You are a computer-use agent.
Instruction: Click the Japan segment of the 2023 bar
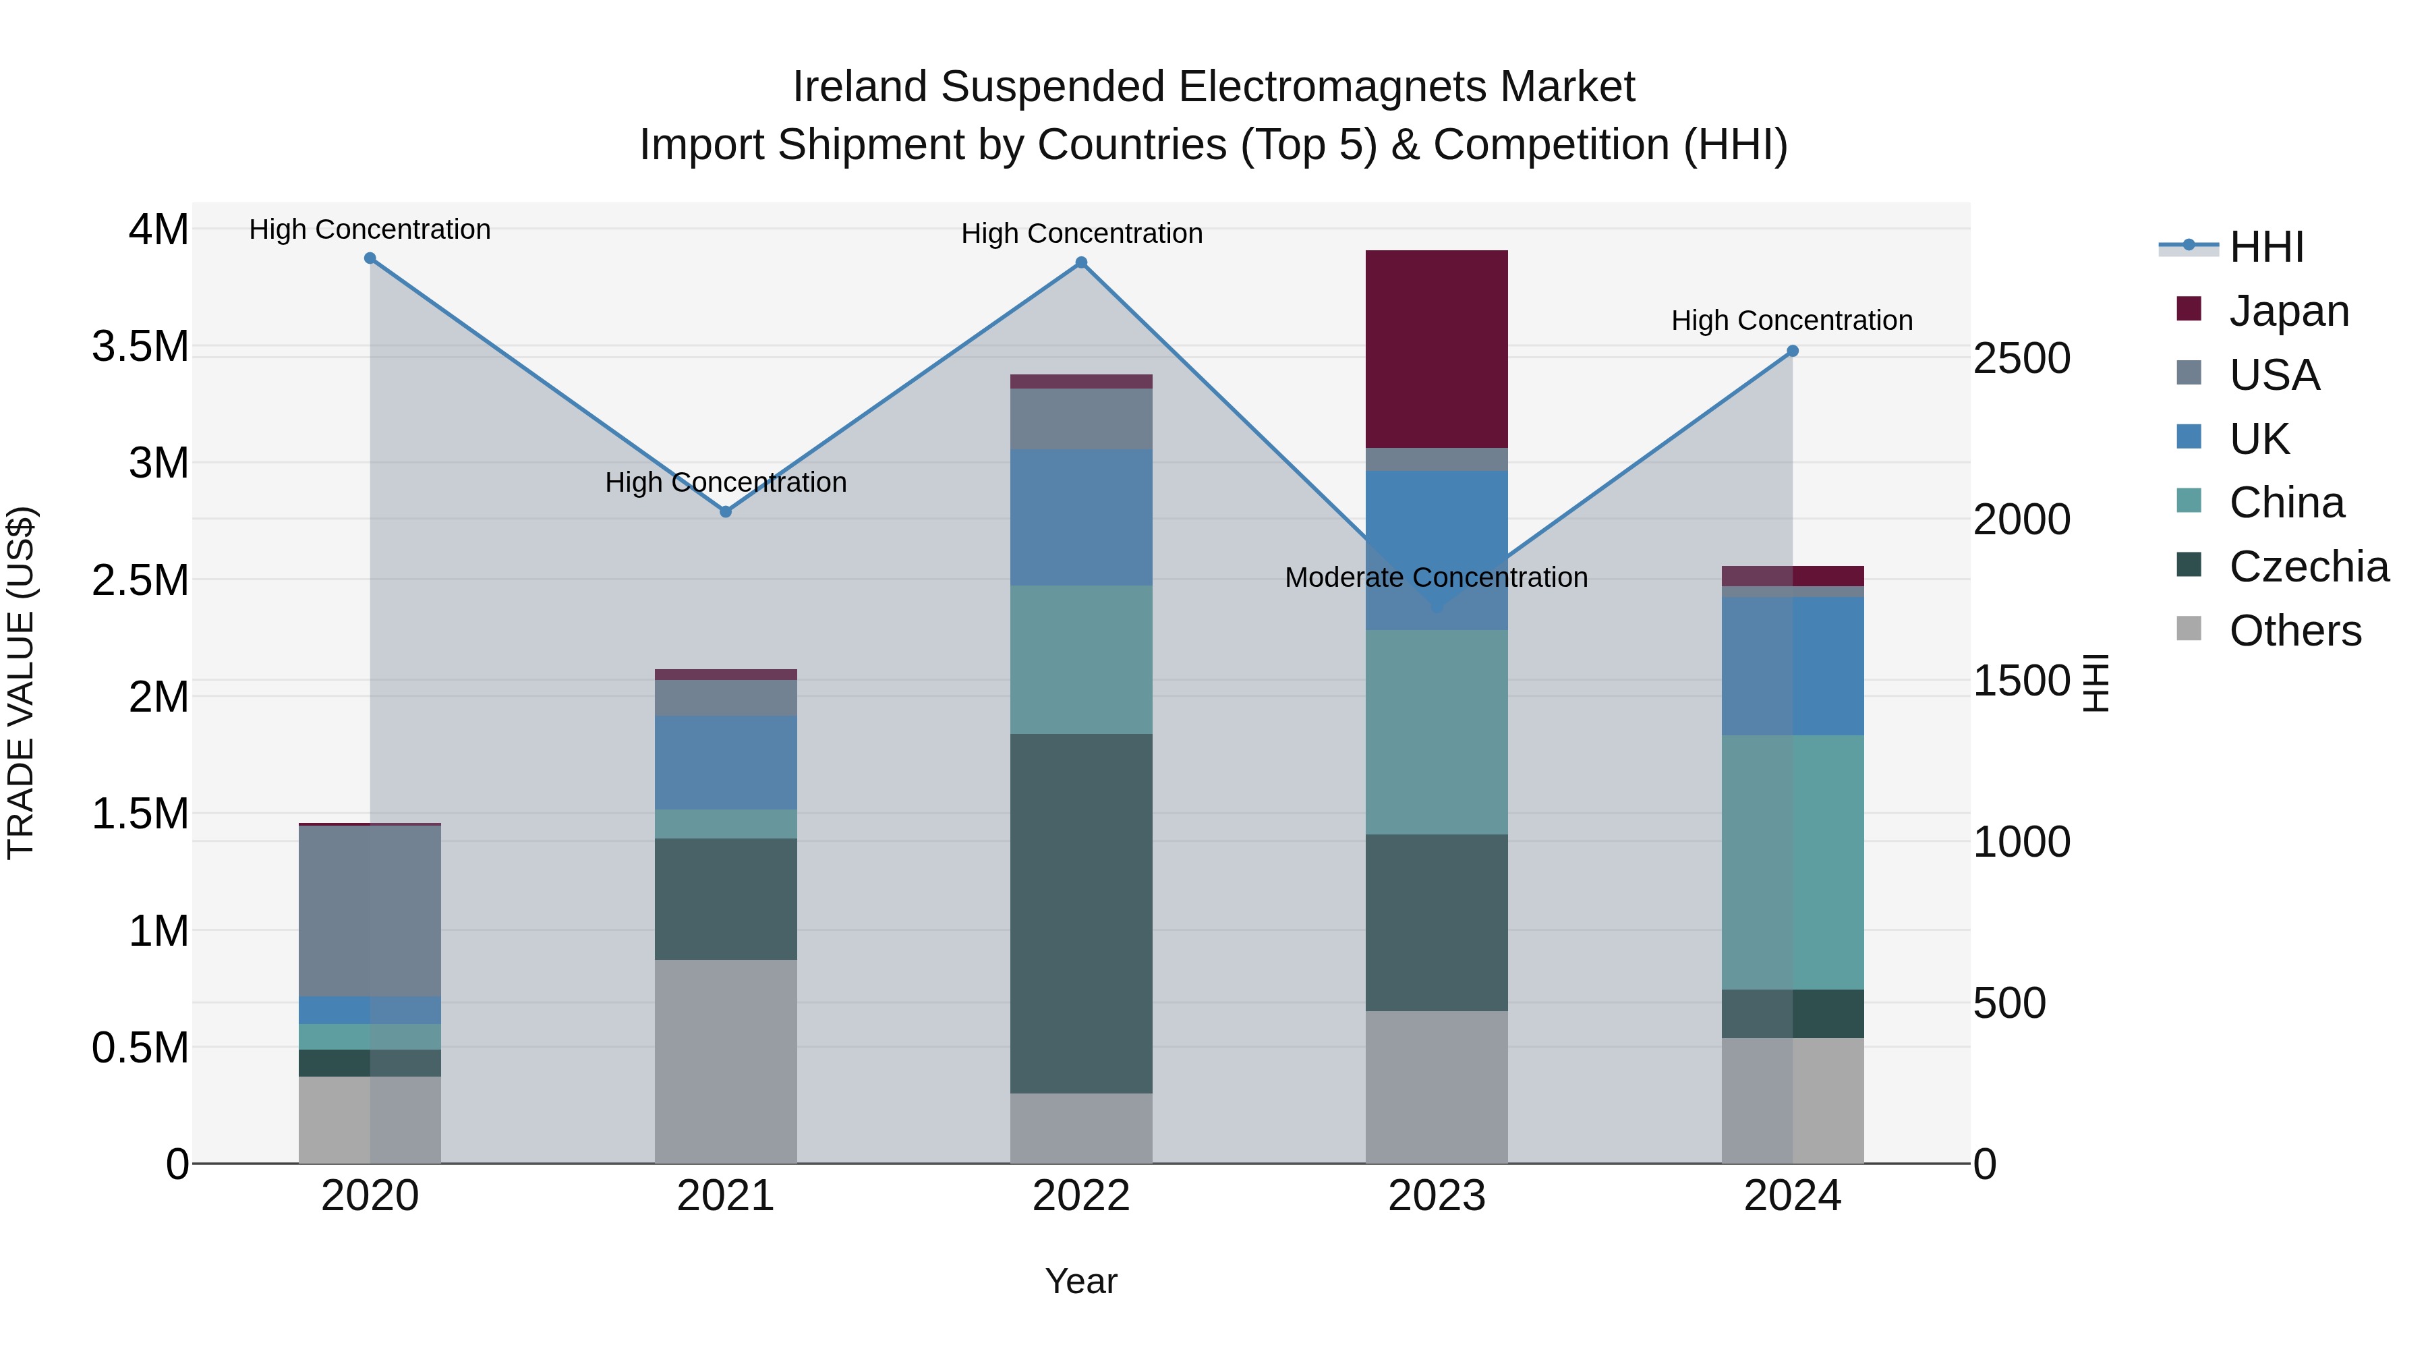click(x=1437, y=349)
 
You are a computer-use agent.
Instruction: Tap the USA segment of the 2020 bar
click(x=370, y=910)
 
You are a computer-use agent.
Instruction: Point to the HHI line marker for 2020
click(x=370, y=258)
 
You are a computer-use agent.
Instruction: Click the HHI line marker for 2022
click(x=1081, y=263)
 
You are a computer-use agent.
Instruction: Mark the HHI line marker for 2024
click(x=1793, y=351)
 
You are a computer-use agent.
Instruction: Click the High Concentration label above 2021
click(x=726, y=482)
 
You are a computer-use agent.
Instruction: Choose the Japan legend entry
click(x=2288, y=310)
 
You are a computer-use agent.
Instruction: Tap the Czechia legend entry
click(x=2309, y=567)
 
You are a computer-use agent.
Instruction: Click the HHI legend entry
click(x=2266, y=247)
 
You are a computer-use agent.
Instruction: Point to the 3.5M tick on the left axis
click(x=140, y=346)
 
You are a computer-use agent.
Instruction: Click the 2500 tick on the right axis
click(x=2022, y=358)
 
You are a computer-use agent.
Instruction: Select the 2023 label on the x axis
click(x=1437, y=1195)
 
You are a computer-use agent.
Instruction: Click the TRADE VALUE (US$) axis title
click(x=21, y=683)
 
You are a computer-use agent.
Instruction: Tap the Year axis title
click(x=1081, y=1281)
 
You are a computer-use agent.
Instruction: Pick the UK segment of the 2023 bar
click(x=1437, y=550)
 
